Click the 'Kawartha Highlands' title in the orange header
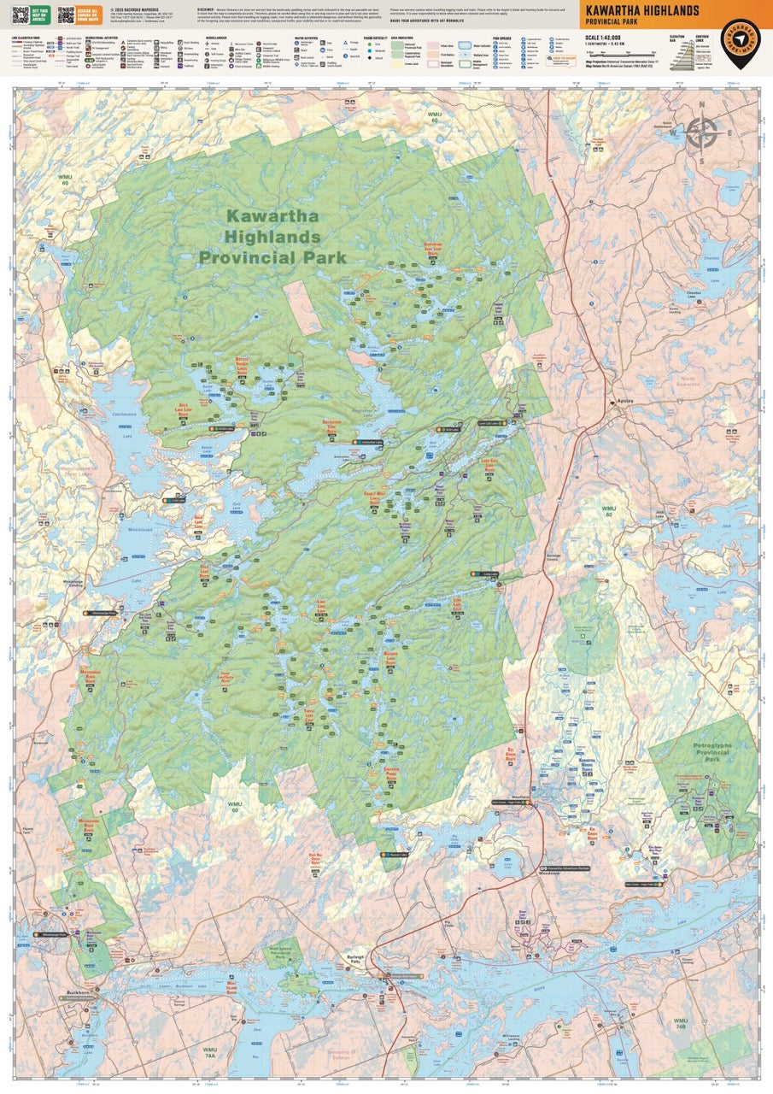(x=638, y=10)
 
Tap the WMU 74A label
(x=211, y=1051)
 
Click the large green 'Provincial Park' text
(x=272, y=256)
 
